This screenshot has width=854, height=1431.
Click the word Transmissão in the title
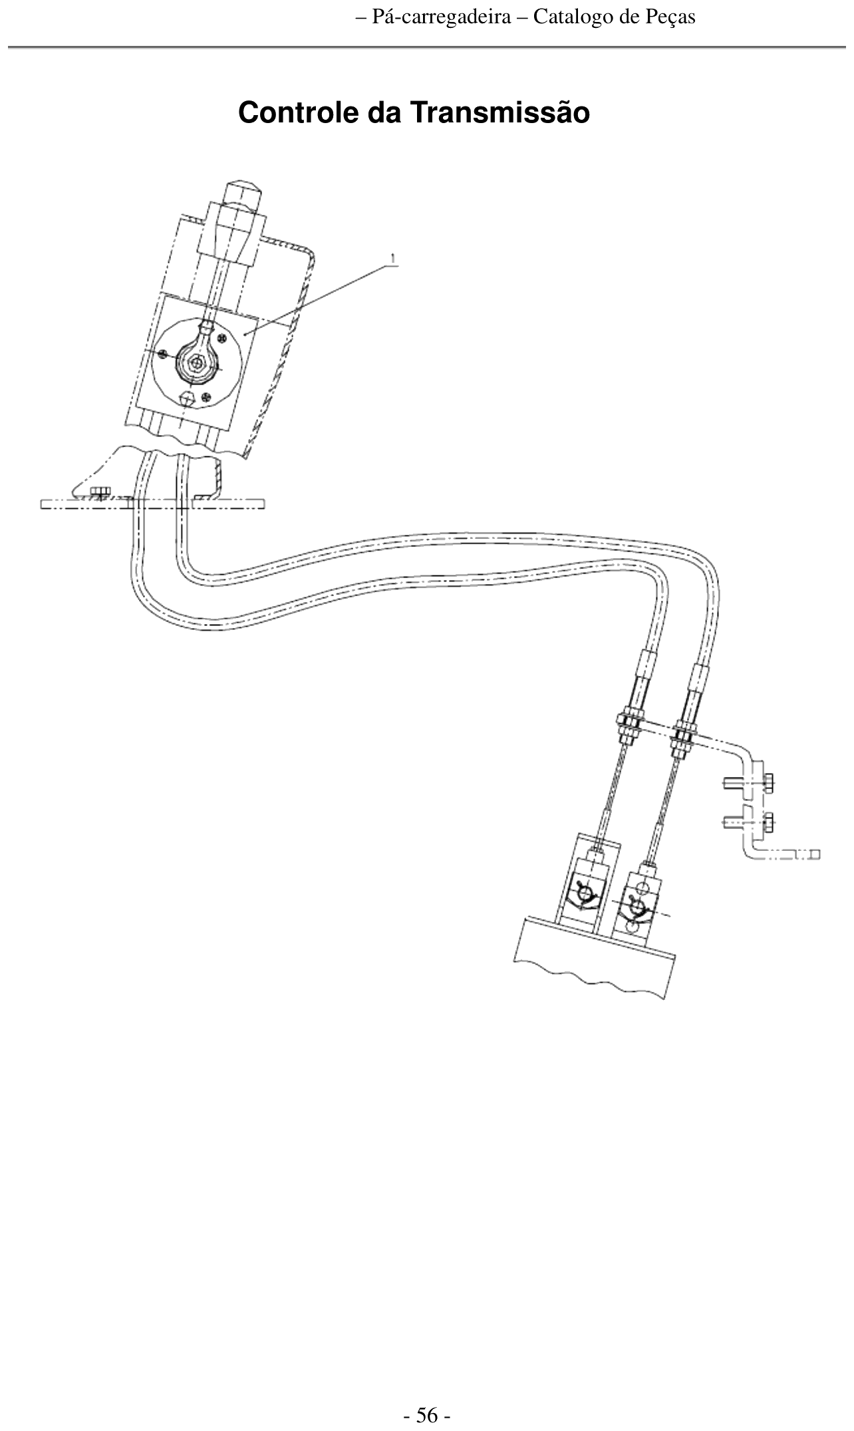[499, 112]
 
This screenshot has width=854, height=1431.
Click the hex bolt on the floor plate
[100, 493]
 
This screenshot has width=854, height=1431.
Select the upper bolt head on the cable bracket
[769, 784]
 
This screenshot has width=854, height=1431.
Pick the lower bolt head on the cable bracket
[769, 822]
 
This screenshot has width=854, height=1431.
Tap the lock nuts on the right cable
[684, 738]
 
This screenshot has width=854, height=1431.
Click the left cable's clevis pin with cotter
[585, 896]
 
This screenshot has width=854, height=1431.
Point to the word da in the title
[384, 112]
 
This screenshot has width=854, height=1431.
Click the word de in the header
[628, 17]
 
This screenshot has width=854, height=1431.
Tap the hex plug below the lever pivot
[189, 398]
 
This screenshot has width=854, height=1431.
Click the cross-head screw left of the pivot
[164, 353]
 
